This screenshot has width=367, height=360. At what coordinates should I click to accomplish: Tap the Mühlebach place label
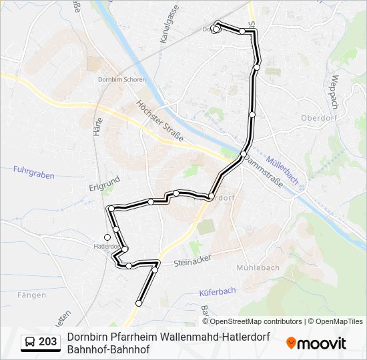258,267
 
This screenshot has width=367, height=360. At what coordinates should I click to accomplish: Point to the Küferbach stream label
218,292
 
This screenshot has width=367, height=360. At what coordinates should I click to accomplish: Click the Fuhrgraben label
33,171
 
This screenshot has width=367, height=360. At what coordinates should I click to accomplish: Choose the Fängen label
32,295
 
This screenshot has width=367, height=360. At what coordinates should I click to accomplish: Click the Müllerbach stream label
282,170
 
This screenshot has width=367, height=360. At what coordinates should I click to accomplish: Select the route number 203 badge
41,342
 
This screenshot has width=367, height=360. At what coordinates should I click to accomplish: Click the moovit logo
316,343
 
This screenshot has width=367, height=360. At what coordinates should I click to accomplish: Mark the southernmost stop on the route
139,303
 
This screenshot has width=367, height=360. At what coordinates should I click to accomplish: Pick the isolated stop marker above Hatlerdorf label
107,237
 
